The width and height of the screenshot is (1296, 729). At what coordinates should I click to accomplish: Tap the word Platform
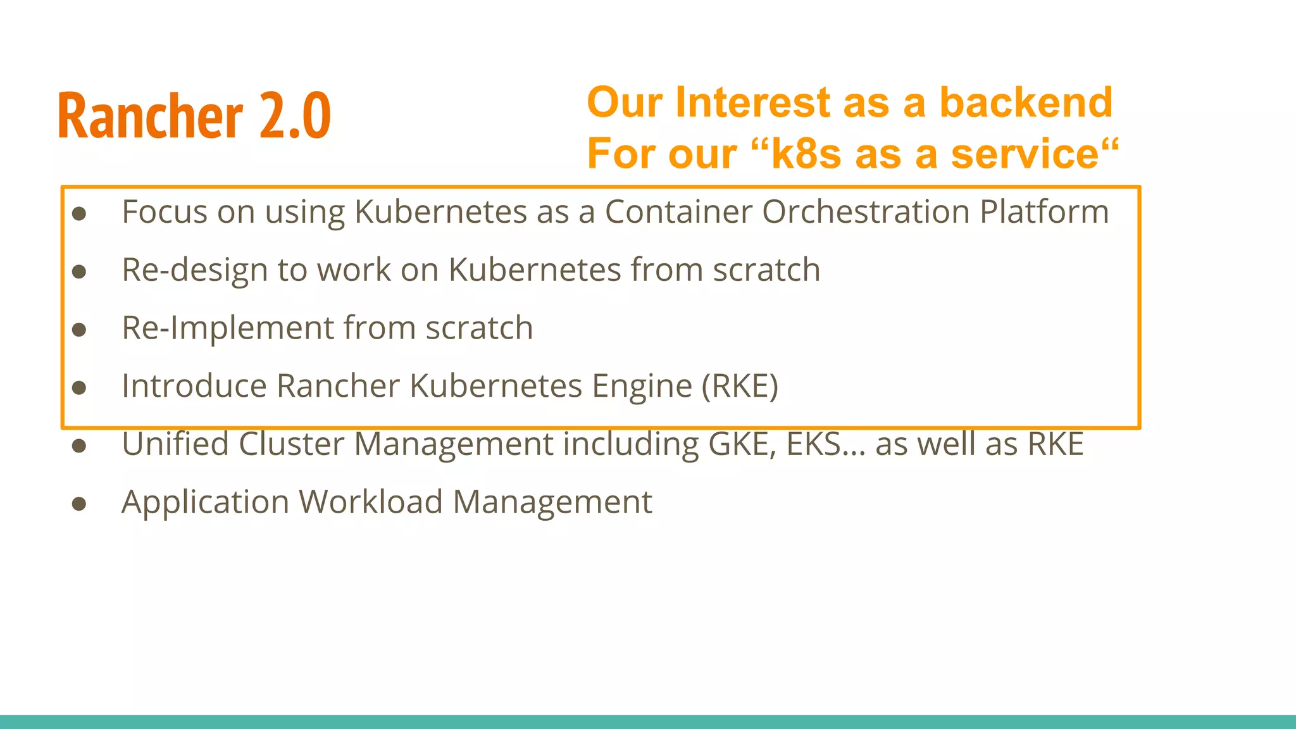click(1044, 213)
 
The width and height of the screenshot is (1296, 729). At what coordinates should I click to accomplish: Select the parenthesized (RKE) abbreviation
click(740, 386)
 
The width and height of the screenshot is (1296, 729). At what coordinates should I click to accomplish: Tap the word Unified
click(175, 444)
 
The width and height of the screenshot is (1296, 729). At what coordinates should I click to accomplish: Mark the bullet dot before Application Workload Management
click(79, 504)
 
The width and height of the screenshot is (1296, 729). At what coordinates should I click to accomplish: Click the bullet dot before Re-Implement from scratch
click(79, 330)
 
